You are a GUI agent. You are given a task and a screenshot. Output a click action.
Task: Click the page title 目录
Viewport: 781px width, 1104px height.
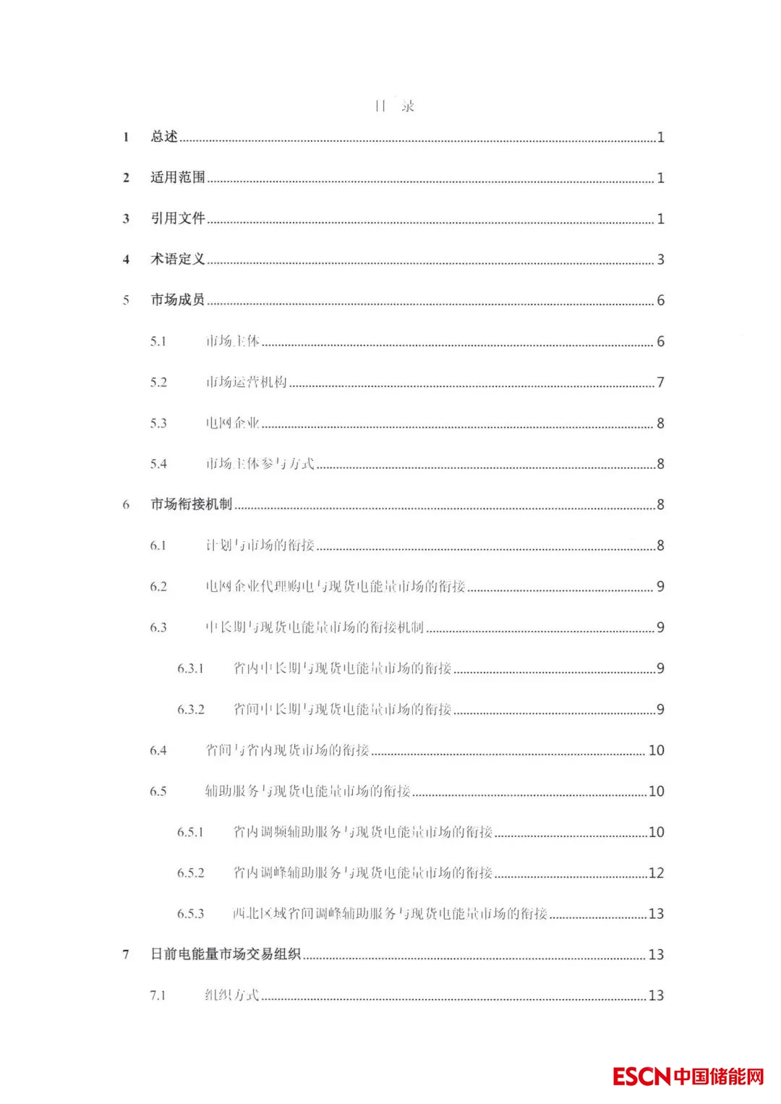tap(394, 106)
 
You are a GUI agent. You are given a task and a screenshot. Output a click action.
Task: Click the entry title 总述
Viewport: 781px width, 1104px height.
tap(164, 136)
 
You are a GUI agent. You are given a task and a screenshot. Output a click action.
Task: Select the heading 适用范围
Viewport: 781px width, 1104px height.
tap(178, 177)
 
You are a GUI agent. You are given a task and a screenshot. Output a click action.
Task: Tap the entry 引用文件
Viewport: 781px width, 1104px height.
tap(178, 218)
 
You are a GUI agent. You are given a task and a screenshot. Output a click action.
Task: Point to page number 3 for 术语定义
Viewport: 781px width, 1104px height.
tap(660, 259)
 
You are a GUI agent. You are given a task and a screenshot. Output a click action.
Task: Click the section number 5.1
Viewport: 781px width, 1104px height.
tap(158, 341)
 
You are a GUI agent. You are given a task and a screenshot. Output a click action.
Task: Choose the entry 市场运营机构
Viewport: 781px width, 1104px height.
tap(247, 382)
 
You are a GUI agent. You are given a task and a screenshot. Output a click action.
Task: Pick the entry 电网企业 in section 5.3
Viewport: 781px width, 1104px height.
tap(232, 423)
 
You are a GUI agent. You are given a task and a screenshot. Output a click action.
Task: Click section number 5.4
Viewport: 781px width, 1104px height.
tap(158, 464)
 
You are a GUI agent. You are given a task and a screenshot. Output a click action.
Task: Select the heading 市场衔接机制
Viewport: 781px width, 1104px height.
tap(192, 504)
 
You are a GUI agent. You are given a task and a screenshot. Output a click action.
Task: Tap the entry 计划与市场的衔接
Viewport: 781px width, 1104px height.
tap(260, 545)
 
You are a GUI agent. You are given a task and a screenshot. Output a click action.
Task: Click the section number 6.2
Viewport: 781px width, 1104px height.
tap(158, 586)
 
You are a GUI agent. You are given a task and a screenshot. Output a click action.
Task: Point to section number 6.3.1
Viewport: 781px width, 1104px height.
tap(191, 668)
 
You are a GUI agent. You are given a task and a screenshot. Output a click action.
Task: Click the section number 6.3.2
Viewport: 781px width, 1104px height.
tap(191, 709)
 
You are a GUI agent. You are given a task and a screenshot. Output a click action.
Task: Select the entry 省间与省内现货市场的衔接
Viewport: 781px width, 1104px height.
tap(288, 750)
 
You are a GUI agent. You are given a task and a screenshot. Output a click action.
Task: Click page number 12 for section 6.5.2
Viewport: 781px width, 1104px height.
tap(656, 872)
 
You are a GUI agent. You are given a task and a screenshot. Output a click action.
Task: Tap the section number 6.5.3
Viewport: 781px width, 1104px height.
tap(191, 914)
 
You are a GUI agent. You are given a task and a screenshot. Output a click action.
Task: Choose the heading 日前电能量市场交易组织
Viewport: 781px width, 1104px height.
tap(226, 954)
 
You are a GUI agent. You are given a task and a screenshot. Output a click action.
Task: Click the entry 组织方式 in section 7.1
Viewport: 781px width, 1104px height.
tap(232, 995)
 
